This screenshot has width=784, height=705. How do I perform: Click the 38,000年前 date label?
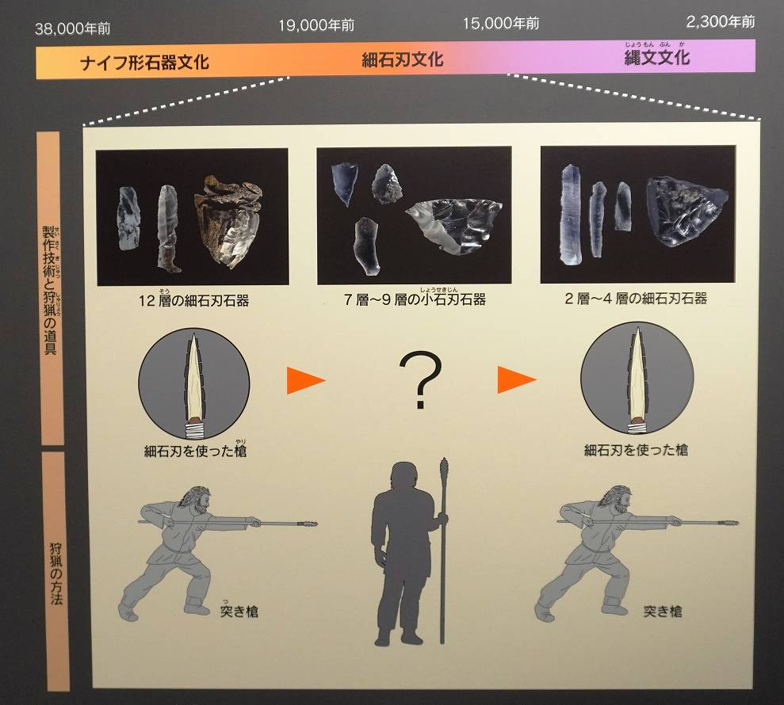[72, 29]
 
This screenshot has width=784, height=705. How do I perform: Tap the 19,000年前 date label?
[316, 25]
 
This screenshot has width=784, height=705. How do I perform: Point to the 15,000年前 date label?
[500, 23]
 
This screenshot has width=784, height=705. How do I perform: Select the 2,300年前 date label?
[720, 21]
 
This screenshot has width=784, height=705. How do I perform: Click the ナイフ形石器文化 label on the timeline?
[144, 63]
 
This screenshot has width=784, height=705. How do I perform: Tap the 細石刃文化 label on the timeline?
[403, 60]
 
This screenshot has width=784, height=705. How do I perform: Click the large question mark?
[420, 379]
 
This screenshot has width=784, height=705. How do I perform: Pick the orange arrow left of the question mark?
[306, 380]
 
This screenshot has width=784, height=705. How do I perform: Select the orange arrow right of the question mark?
[517, 379]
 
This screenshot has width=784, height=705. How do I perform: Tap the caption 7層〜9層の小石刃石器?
[415, 299]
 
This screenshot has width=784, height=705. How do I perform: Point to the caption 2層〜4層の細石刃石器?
[636, 299]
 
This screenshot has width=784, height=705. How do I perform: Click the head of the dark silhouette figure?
[403, 476]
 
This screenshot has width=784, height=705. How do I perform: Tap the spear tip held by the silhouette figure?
[443, 468]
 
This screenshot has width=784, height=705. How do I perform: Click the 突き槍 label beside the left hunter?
[239, 611]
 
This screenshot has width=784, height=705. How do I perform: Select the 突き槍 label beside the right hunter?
[663, 611]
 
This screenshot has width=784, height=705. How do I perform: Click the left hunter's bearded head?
[196, 500]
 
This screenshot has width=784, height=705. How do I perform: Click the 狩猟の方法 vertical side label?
[56, 574]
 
